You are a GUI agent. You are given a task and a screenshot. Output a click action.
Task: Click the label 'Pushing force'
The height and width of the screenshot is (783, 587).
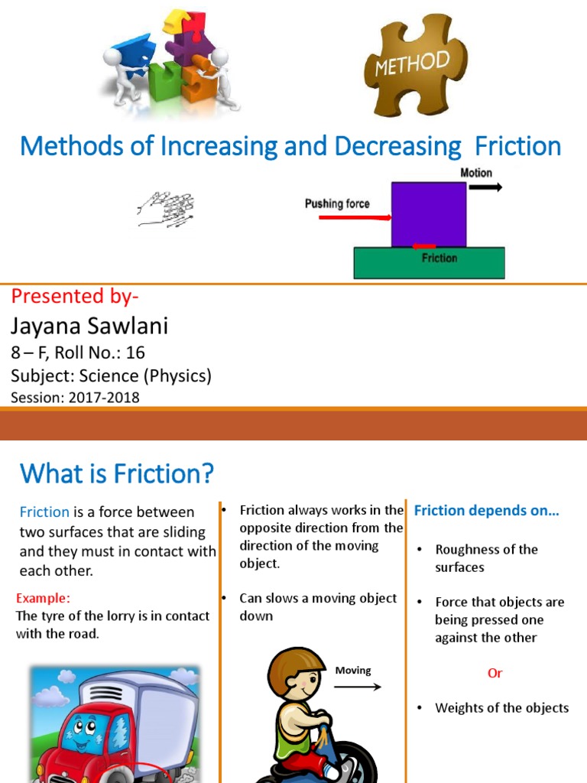click(x=337, y=203)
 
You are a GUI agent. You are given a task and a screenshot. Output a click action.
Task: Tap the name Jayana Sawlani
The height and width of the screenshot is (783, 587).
click(x=89, y=327)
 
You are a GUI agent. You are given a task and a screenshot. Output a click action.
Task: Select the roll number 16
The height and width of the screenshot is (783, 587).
click(x=135, y=353)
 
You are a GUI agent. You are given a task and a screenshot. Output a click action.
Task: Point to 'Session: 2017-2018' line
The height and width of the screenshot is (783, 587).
click(x=75, y=397)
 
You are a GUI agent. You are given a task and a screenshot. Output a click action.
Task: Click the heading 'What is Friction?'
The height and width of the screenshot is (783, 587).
click(x=116, y=474)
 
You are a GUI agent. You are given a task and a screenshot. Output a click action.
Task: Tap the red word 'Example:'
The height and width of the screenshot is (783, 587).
click(x=43, y=598)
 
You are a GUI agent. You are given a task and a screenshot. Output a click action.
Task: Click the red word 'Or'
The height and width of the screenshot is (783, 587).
click(x=495, y=673)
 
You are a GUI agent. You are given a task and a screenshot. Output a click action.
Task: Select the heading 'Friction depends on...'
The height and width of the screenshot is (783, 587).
click(x=486, y=511)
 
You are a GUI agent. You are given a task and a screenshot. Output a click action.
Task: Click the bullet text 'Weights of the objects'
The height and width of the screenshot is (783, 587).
click(x=501, y=708)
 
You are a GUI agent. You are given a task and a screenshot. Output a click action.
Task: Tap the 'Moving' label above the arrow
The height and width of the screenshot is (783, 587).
click(x=352, y=671)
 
